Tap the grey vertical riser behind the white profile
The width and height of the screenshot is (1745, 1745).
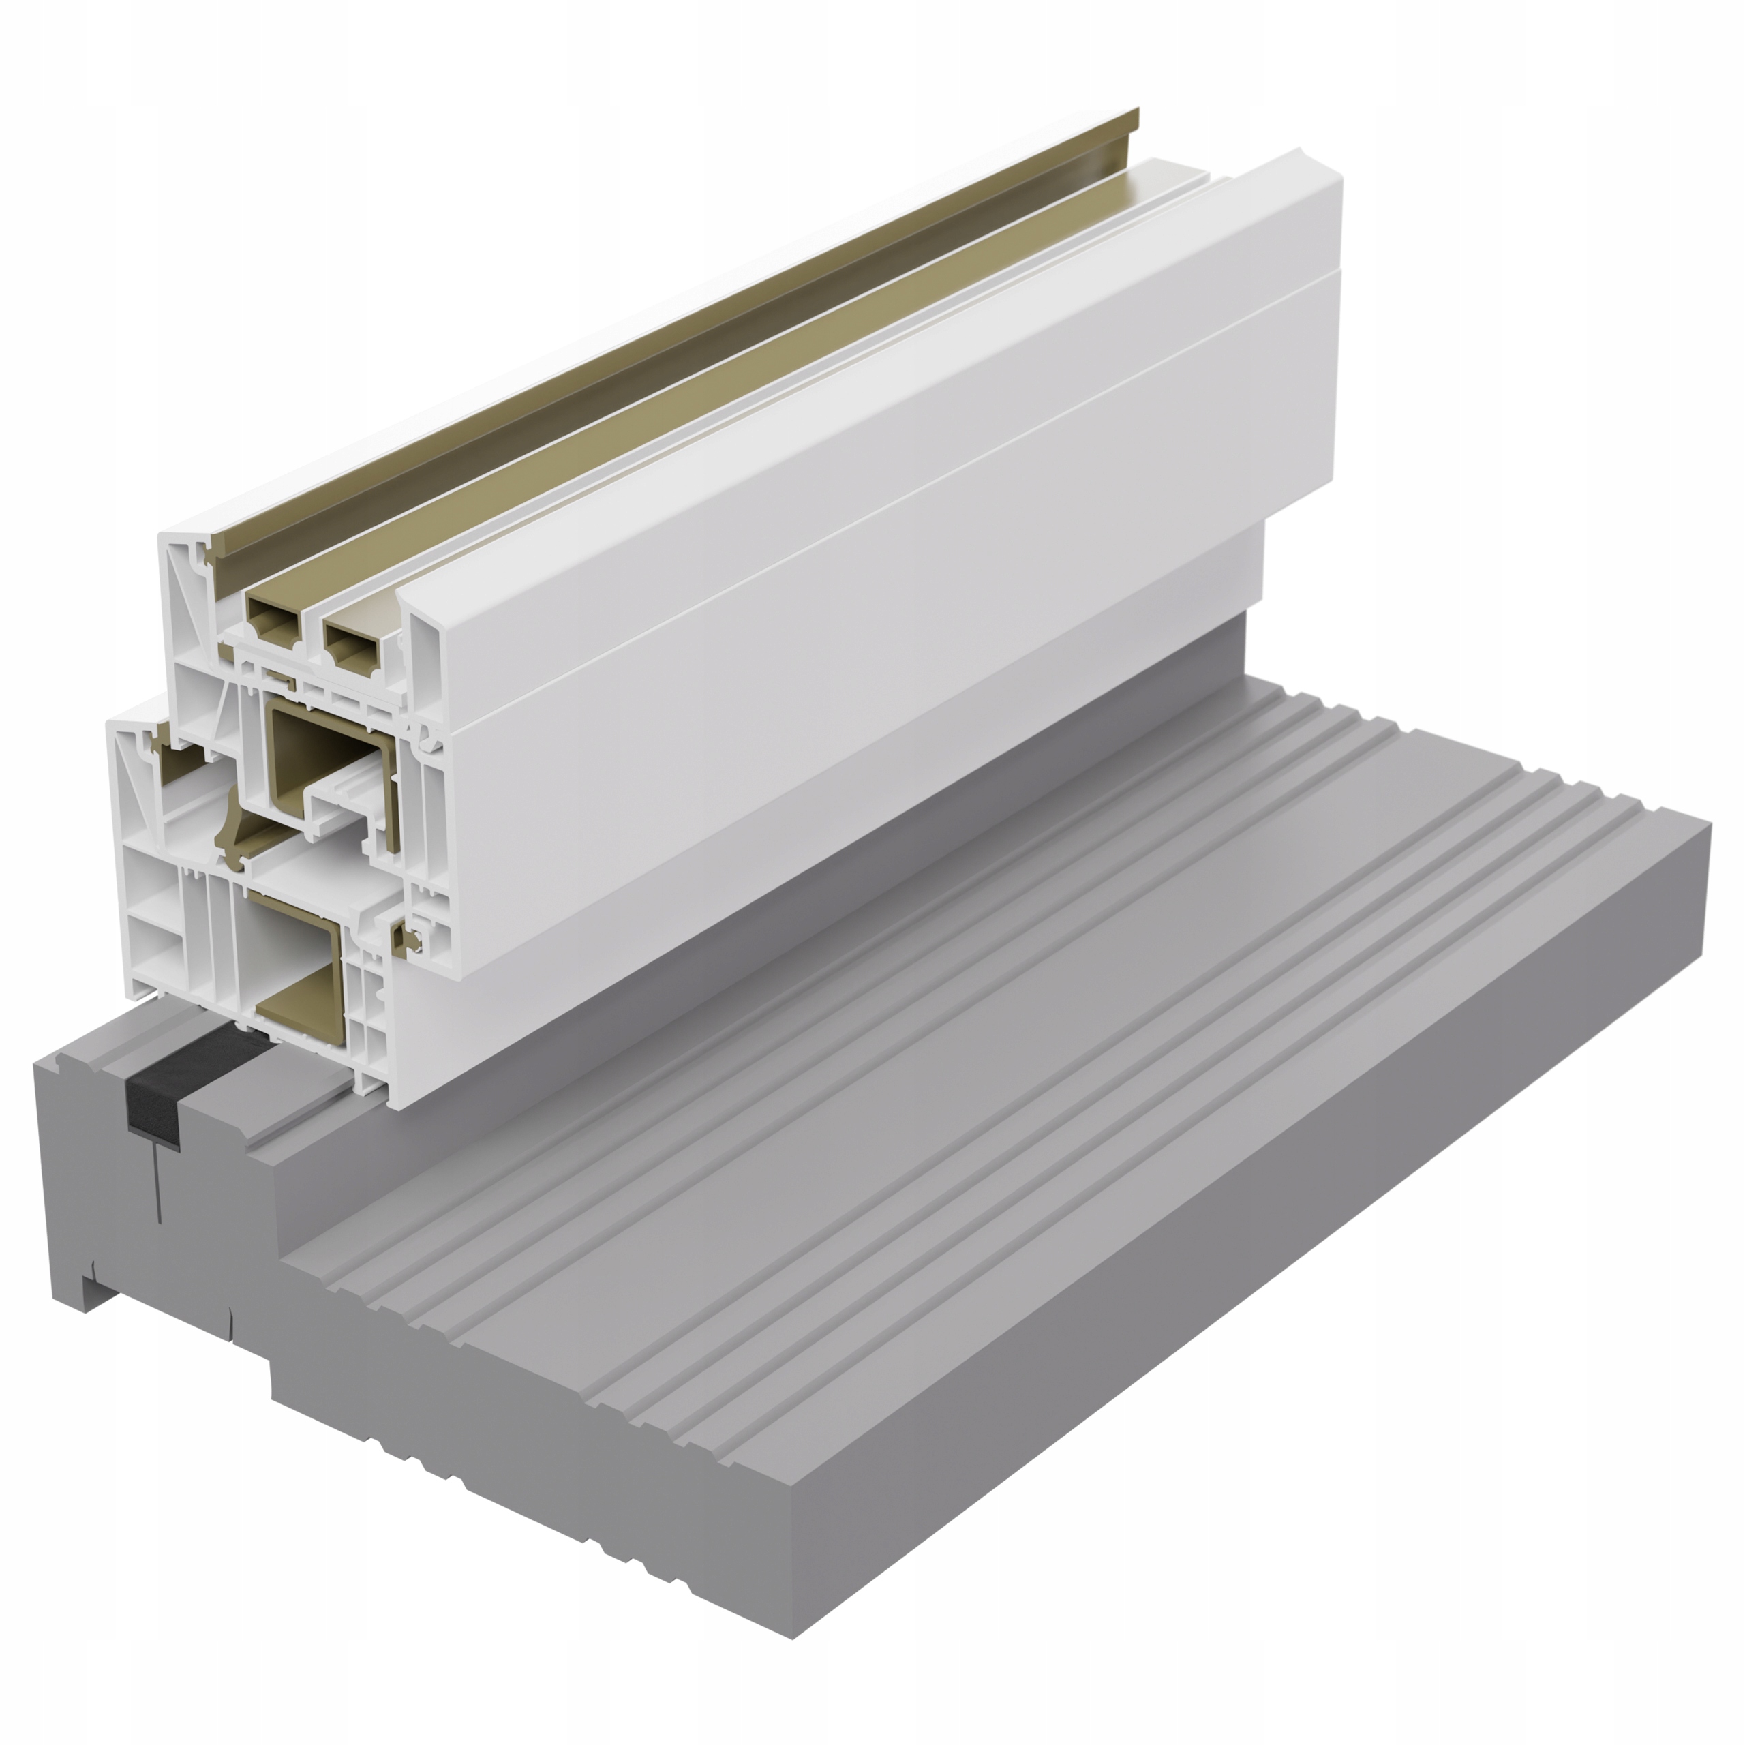1237,650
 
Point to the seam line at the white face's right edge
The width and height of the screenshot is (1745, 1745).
1335,271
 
